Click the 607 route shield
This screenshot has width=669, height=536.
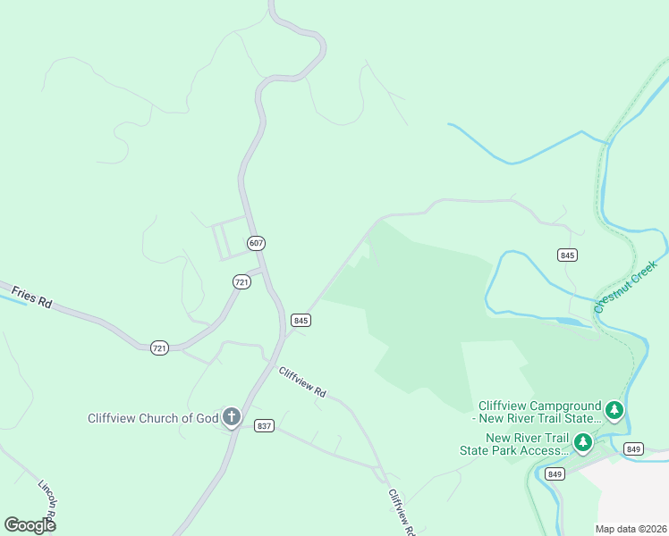click(257, 243)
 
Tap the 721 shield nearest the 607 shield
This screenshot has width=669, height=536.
click(241, 281)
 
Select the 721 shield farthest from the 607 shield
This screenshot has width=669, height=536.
click(160, 347)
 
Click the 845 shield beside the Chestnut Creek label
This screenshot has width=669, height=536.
click(567, 255)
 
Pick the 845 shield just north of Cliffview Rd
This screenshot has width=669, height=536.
click(301, 320)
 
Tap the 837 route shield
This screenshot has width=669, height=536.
click(263, 425)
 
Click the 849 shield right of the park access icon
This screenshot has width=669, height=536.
click(634, 448)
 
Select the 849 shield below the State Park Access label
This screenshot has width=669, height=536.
click(555, 473)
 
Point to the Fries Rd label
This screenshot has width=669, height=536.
click(31, 297)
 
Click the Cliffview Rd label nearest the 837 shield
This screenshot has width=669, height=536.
click(302, 381)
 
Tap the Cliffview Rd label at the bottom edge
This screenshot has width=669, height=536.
click(402, 512)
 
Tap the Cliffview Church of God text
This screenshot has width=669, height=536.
click(152, 418)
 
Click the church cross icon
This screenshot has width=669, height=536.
click(231, 417)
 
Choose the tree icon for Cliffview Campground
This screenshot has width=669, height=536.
click(614, 410)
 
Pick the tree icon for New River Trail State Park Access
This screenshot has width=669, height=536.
click(583, 441)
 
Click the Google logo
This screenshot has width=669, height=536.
click(30, 524)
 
